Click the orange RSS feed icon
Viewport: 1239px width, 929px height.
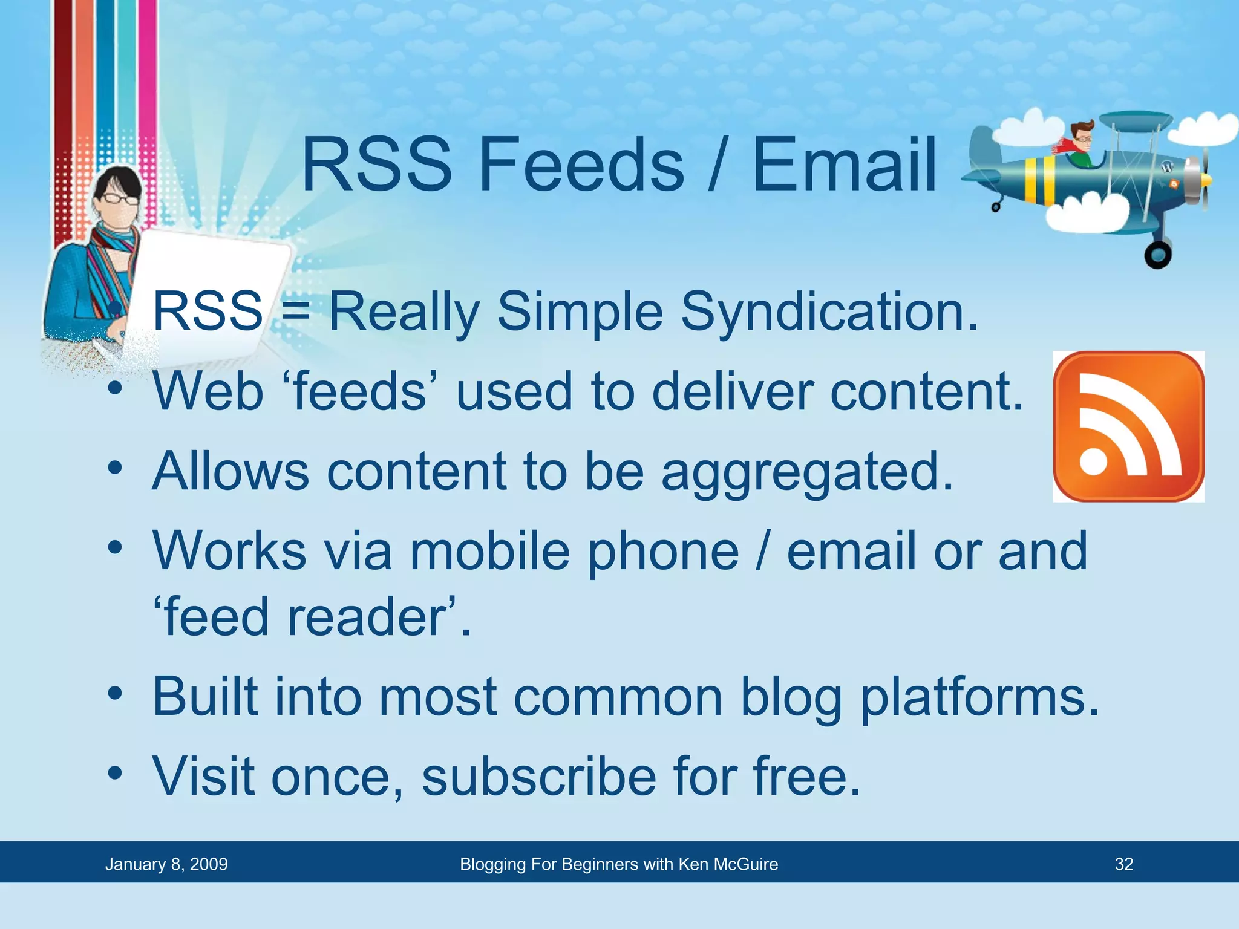pos(1128,426)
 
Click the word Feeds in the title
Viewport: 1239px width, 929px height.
pos(581,165)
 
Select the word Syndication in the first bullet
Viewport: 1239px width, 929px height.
pos(829,312)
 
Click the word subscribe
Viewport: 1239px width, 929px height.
pos(538,777)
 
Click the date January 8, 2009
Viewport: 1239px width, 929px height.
pos(166,864)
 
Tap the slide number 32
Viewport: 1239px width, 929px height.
pos(1123,864)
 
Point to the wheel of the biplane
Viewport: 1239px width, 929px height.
pos(1157,255)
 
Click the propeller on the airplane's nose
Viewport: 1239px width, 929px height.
pos(1204,180)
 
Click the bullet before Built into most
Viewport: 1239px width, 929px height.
pos(115,694)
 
